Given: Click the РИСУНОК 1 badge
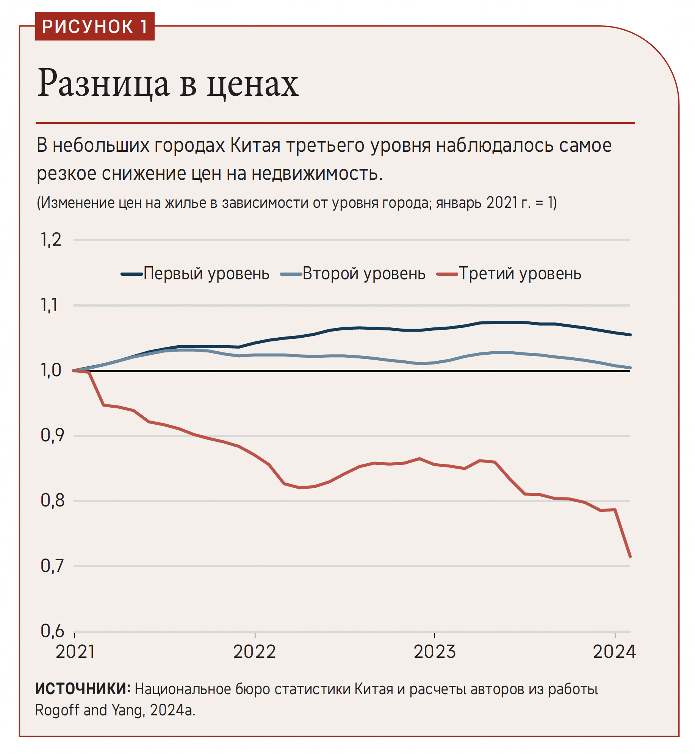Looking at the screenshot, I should point(95,26).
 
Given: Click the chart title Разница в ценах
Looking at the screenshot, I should point(168,83).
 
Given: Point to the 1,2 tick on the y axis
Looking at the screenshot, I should point(51,240).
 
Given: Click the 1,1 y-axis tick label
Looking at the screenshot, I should point(50,305).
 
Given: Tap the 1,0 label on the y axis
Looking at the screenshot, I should point(51,371).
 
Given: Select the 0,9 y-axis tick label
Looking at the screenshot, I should point(52,436).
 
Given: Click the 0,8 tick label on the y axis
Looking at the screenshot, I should point(52,501).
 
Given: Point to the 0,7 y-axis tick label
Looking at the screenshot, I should point(52,566).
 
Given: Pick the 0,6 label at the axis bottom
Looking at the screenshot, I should point(52,631).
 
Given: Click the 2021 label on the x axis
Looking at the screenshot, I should point(75,652).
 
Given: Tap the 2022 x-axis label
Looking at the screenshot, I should point(255,652).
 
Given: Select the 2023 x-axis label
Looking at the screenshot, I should point(435,652).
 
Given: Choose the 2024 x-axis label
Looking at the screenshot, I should point(614,652).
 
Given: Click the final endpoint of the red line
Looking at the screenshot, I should point(630,556).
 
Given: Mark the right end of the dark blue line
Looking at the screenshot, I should point(630,335).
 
